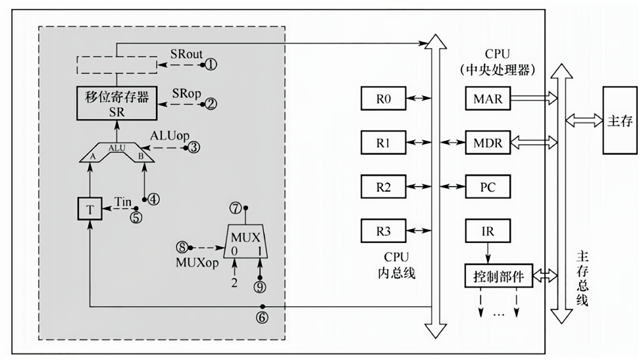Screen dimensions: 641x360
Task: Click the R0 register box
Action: point(384,99)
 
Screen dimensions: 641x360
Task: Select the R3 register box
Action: point(384,231)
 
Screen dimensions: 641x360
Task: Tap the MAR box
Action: point(488,99)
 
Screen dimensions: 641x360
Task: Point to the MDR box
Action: point(488,143)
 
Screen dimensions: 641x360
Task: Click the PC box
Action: point(488,187)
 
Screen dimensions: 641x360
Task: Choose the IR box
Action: point(488,231)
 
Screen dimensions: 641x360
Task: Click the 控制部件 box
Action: point(499,276)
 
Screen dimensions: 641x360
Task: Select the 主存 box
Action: point(620,120)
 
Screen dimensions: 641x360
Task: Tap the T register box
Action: point(90,209)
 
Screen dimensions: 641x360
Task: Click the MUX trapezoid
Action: point(246,241)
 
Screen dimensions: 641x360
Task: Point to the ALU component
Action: point(117,153)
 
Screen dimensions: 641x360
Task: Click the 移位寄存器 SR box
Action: point(117,103)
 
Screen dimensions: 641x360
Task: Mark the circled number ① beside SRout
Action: point(211,64)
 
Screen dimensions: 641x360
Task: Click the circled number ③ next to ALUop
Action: point(193,147)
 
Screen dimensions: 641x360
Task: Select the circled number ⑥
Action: point(262,317)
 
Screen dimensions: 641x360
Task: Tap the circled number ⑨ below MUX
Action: point(259,287)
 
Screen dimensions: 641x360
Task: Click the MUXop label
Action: point(197,263)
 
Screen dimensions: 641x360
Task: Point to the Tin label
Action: point(122,201)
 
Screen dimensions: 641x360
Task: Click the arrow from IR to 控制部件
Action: point(488,253)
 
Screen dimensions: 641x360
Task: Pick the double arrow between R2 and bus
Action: point(419,187)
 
